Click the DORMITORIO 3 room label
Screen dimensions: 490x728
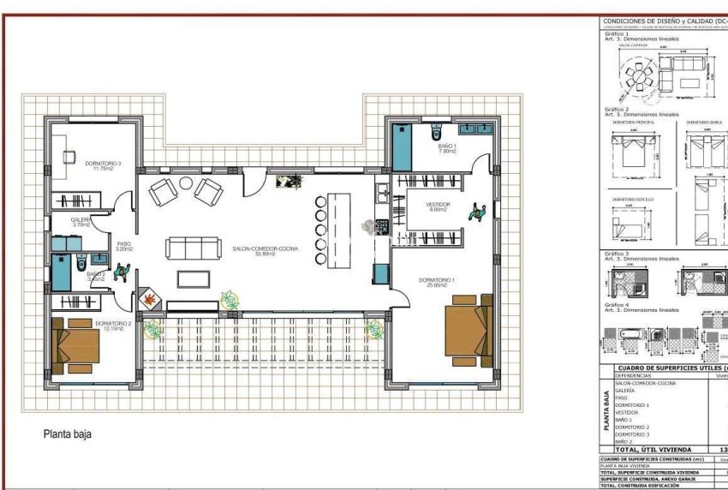(x=102, y=163)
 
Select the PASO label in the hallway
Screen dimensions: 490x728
(x=124, y=243)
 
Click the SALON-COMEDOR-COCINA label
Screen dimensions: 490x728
(x=265, y=248)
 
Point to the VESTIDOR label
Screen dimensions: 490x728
(x=439, y=205)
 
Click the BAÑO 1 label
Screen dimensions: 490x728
(x=447, y=146)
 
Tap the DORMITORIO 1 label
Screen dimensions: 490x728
(x=437, y=280)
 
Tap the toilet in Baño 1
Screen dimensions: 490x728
(x=437, y=132)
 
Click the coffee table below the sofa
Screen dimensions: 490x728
(x=193, y=278)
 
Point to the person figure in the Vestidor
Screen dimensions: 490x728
(x=476, y=211)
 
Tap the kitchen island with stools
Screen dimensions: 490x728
(x=337, y=227)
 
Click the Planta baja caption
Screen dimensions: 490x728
(x=67, y=434)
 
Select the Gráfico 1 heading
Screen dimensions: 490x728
(x=616, y=33)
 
